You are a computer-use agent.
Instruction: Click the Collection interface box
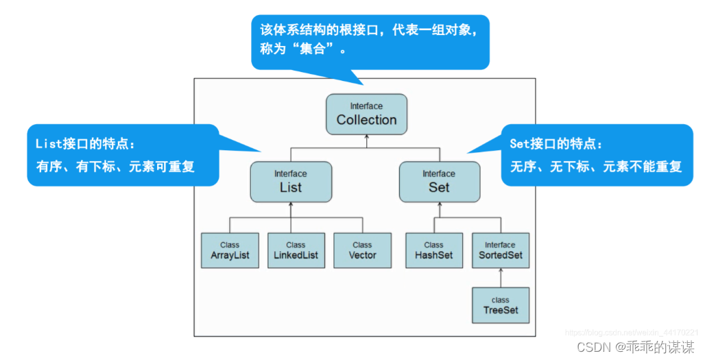tap(366, 114)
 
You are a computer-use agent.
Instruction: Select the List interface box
tap(291, 182)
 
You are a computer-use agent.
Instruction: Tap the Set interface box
tap(439, 182)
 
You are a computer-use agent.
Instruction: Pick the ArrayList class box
tap(230, 250)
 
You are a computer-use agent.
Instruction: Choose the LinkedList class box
tap(296, 250)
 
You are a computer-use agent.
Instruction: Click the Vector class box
tap(362, 250)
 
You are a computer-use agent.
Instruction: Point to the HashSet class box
tap(433, 250)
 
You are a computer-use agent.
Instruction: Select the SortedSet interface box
tap(500, 250)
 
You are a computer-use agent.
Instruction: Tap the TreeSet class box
tap(500, 305)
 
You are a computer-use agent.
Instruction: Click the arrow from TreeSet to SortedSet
tap(500, 278)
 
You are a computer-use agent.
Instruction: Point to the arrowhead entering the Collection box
tap(367, 136)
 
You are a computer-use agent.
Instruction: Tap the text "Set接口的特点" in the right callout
tap(556, 144)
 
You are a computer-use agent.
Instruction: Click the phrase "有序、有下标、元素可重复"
tap(115, 166)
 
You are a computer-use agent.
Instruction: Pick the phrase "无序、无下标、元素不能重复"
tap(596, 166)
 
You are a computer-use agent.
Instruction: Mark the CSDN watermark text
tap(632, 346)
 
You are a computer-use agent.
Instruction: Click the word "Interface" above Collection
tap(366, 106)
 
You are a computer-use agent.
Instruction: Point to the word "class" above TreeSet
tap(500, 300)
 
